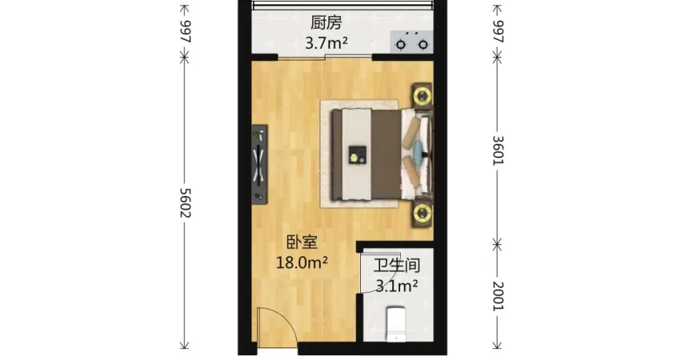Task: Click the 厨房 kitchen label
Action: coord(326,22)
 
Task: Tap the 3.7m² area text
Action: coord(326,43)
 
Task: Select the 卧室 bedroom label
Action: coord(302,242)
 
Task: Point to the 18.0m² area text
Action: coord(302,262)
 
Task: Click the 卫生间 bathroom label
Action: coord(397,265)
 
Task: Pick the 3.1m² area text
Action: coord(397,286)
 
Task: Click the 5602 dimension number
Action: coord(186,202)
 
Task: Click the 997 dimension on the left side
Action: coord(186,31)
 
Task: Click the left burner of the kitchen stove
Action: coord(401,45)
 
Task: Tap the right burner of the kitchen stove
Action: coord(423,45)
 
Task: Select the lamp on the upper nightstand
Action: coord(422,96)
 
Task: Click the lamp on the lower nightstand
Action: coord(422,214)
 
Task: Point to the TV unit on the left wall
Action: coord(259,164)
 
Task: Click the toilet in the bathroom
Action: coord(396,324)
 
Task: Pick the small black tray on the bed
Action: coord(358,154)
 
